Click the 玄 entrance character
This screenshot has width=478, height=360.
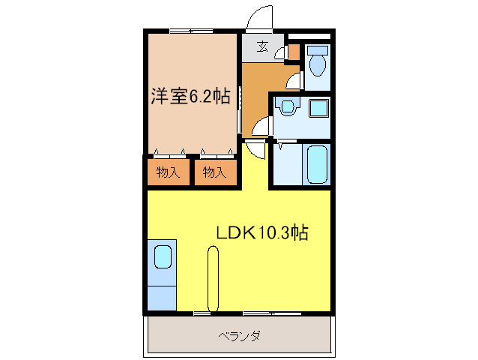point(263,46)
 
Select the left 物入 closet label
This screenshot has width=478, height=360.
point(169,172)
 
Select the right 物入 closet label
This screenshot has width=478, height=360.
point(214,172)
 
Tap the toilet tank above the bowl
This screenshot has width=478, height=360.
point(316,51)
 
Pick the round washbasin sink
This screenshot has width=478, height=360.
point(286,106)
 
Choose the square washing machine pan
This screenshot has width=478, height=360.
point(319,107)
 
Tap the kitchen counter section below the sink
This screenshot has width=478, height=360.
point(162,295)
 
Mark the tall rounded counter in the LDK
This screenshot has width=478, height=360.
point(214,279)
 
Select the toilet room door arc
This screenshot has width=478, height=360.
point(293,81)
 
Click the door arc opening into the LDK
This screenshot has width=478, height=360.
point(255,148)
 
